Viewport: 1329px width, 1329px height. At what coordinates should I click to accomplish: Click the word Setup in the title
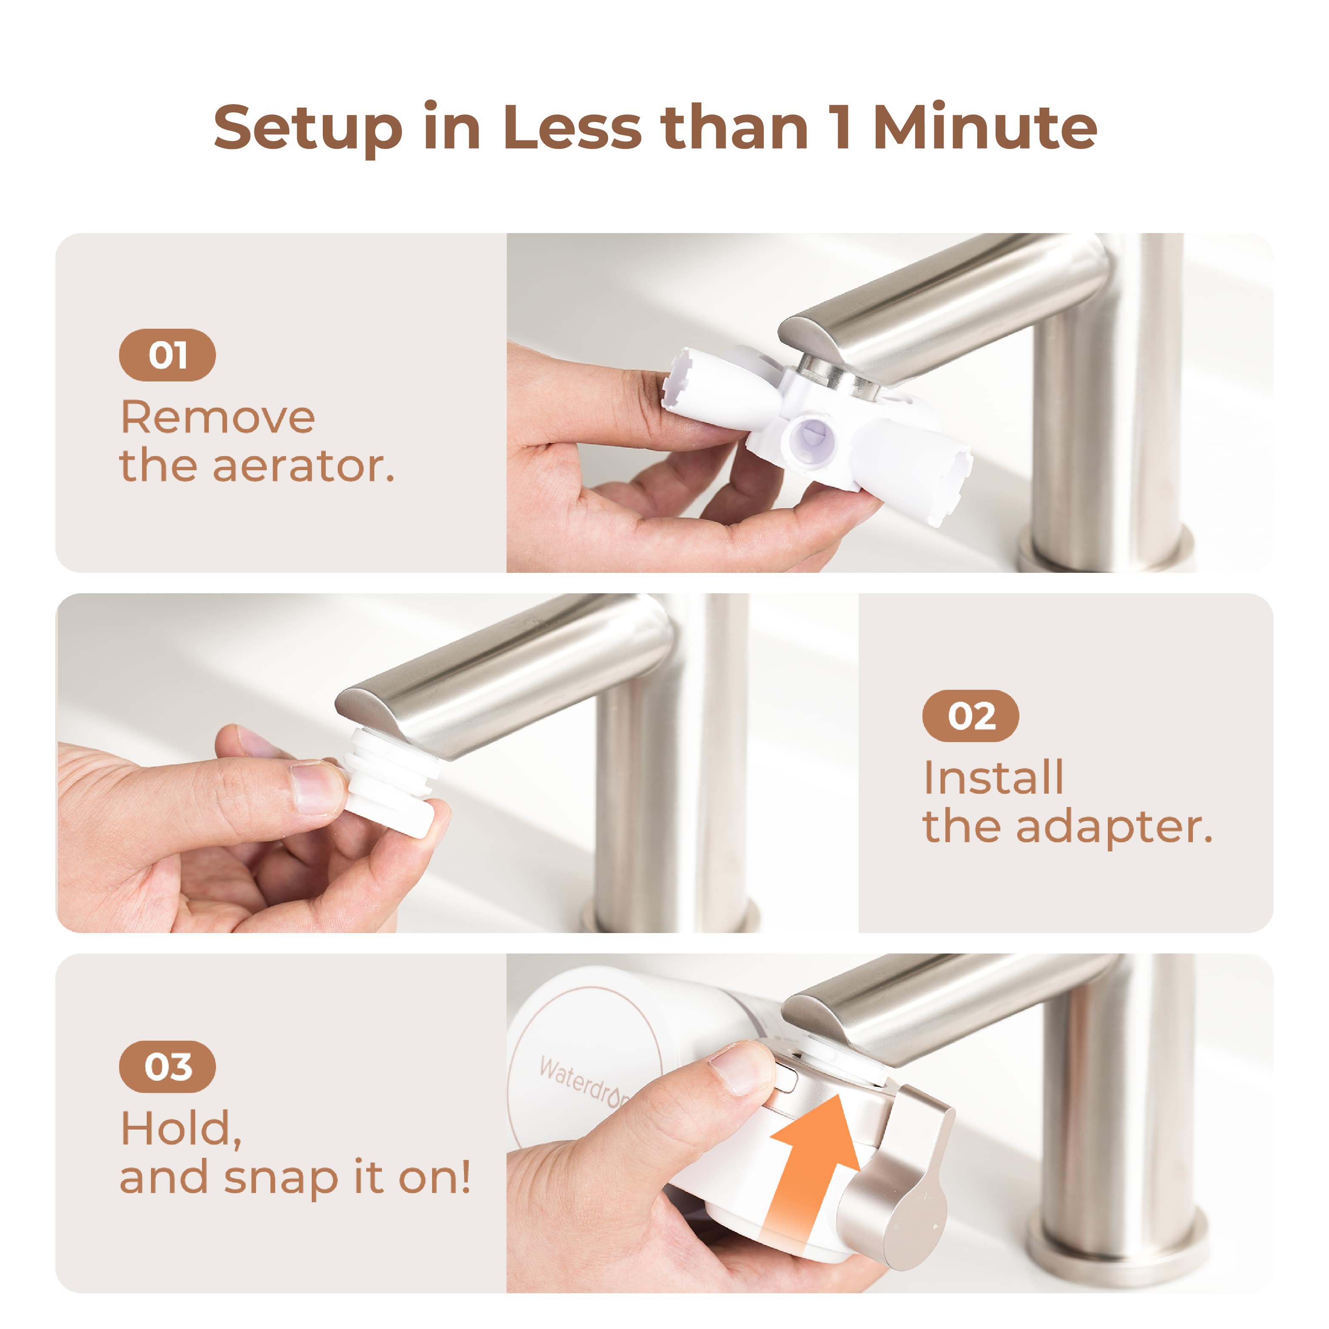[307, 128]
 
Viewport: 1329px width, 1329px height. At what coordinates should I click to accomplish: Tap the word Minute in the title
[985, 128]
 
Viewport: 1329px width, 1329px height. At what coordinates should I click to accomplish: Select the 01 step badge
[167, 355]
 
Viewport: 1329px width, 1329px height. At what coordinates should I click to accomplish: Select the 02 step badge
[970, 716]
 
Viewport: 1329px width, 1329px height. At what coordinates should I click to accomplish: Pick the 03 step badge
[167, 1067]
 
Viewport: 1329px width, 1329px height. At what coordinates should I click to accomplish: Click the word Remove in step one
[217, 418]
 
